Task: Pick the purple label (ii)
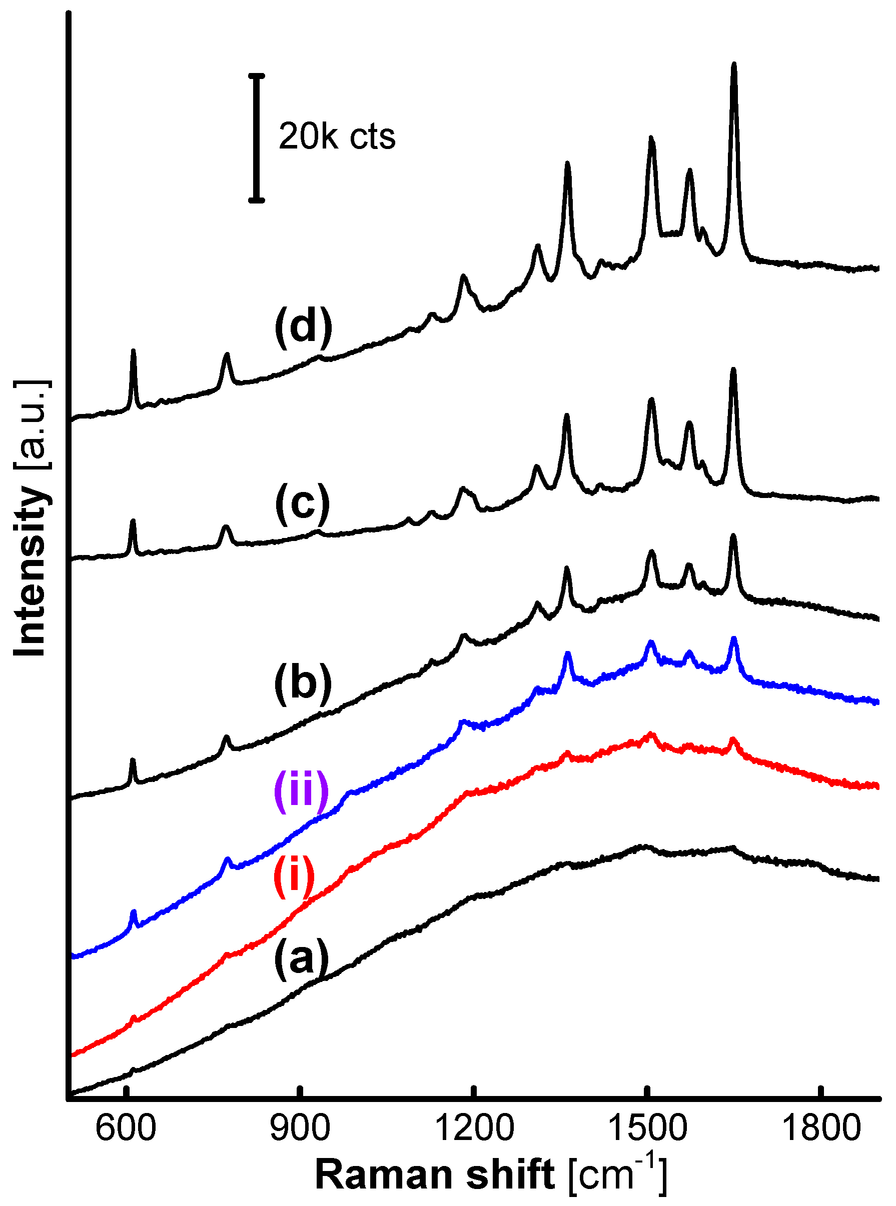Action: point(301,792)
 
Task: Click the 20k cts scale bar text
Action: point(337,136)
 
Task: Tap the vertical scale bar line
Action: point(257,137)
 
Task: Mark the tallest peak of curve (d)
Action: point(734,65)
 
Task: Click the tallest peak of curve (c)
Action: point(733,370)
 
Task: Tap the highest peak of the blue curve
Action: point(734,639)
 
